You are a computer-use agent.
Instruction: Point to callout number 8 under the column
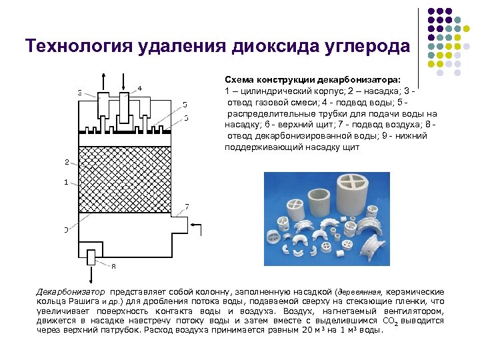(x=113, y=267)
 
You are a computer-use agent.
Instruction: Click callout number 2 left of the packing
(x=66, y=162)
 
